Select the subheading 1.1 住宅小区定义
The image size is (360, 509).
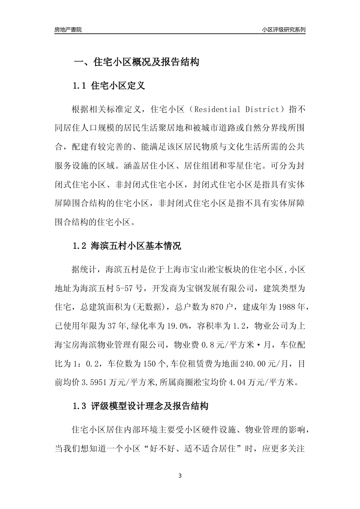[109, 86]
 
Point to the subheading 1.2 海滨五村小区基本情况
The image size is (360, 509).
[127, 246]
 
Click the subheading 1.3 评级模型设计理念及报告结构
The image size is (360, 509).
[141, 407]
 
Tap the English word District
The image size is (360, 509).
[261, 110]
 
